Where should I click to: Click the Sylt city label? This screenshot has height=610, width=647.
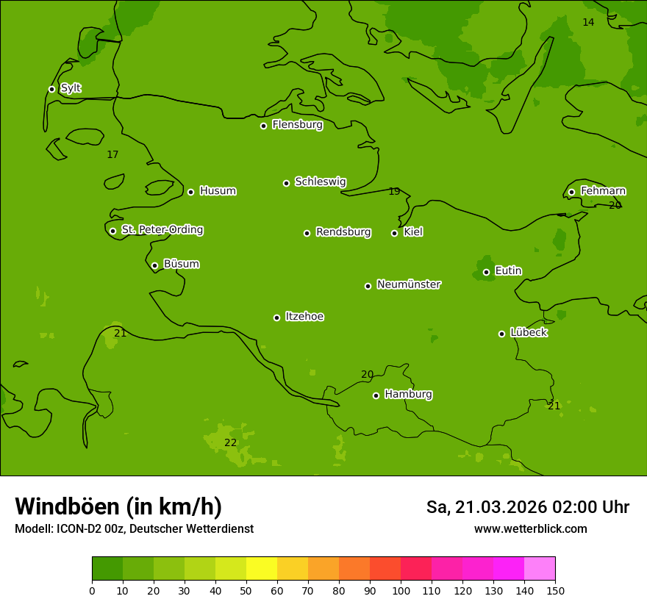(x=71, y=88)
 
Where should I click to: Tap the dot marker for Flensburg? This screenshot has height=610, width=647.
(x=263, y=126)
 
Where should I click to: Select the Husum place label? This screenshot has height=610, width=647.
(x=218, y=191)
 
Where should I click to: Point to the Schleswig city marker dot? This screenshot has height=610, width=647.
(x=286, y=183)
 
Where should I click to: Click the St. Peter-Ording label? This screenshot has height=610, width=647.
(x=162, y=230)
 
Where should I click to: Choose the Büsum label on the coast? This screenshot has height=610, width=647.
(x=181, y=264)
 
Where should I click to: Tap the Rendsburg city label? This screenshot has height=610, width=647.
(x=343, y=232)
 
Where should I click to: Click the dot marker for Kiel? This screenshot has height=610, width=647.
(x=394, y=233)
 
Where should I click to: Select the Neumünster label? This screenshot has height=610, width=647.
(x=409, y=284)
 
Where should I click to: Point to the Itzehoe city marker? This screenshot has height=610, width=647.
(x=276, y=317)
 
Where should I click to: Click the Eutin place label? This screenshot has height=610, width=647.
(x=508, y=270)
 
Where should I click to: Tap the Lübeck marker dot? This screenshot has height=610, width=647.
(x=501, y=334)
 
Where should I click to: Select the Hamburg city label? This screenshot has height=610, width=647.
(x=408, y=394)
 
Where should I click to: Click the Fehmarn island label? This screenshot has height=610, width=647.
(x=603, y=191)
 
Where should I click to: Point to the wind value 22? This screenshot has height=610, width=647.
(x=231, y=442)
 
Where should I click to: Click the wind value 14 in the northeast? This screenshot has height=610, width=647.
(x=588, y=22)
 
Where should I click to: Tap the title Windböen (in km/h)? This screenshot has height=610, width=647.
(x=118, y=506)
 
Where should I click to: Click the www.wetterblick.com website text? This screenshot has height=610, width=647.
(x=530, y=528)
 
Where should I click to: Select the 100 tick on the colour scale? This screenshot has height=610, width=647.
(x=401, y=590)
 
